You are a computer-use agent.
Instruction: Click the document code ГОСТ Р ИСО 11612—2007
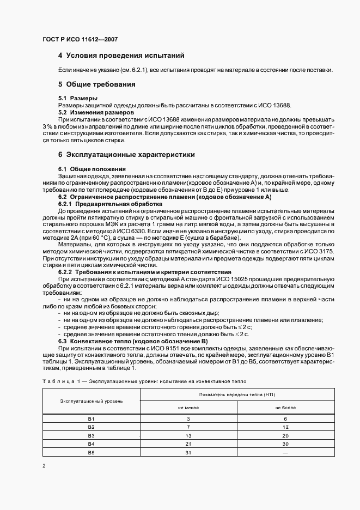click(x=80, y=40)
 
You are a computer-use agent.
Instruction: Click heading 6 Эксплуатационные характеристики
click(x=126, y=155)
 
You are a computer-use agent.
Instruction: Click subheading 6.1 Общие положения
click(x=92, y=169)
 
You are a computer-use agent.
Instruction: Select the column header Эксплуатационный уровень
click(x=91, y=400)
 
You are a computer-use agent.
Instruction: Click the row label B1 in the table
click(x=91, y=418)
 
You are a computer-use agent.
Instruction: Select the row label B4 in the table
click(x=91, y=445)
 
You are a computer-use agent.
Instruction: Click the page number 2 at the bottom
click(x=44, y=466)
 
